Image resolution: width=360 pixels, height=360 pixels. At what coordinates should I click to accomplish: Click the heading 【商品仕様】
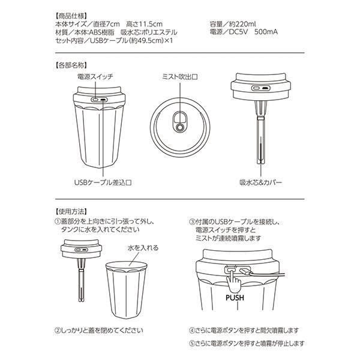pos(71,16)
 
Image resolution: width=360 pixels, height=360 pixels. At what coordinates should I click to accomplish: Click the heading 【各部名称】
pos(71,65)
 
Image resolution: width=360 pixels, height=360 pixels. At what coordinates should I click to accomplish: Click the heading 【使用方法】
pos(71,211)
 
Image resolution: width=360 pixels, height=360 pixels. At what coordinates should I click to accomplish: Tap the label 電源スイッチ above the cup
pos(95,77)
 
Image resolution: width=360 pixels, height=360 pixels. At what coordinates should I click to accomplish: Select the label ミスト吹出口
pos(180,77)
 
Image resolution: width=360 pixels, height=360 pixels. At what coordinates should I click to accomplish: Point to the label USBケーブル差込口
pos(103,182)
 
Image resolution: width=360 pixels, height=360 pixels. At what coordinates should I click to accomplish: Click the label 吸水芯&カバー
pos(261,182)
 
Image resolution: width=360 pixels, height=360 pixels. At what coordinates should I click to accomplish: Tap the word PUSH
pos(235,298)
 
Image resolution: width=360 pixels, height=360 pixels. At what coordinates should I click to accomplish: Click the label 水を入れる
pos(143,248)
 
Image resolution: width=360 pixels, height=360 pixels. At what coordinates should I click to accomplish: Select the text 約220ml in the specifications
pos(242,24)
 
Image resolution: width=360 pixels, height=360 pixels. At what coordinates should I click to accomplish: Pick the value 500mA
pos(266,32)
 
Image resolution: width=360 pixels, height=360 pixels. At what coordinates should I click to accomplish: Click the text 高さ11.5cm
pos(144,24)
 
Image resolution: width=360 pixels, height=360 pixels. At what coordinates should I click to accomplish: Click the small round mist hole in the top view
pos(180,128)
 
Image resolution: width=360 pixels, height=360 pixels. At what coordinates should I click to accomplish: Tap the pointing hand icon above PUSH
pos(233,280)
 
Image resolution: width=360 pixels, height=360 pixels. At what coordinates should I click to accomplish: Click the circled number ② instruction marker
pos(57,331)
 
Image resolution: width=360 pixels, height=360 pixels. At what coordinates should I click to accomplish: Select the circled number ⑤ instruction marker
pos(192,344)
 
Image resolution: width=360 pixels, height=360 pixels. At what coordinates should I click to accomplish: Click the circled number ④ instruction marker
pos(192,331)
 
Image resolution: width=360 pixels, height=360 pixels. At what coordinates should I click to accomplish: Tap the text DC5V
pos(238,32)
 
